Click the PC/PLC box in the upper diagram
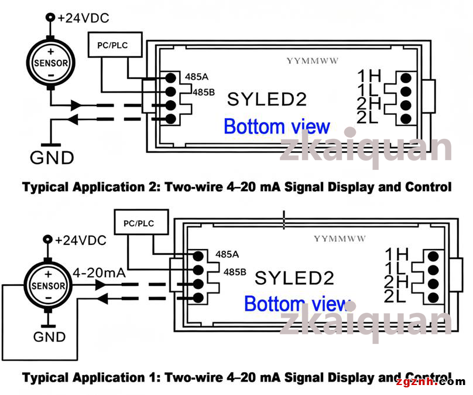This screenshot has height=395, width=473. point(115,45)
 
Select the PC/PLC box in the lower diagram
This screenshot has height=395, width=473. point(141,222)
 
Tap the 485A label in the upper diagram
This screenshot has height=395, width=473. point(197,77)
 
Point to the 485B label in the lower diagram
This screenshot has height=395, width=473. point(235,272)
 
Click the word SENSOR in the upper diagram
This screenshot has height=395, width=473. point(51,63)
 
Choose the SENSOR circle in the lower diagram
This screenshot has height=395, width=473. point(48,285)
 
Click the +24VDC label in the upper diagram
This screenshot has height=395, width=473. point(83,18)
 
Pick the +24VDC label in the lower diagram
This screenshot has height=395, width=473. point(81,240)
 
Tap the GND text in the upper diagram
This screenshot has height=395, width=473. point(52,158)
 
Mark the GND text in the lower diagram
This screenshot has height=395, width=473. point(50,337)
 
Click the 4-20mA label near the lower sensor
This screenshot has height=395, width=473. point(100,273)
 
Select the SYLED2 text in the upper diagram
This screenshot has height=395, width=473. point(267,100)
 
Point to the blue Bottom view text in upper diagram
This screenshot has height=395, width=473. point(277,126)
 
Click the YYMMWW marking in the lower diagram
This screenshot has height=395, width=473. point(340,239)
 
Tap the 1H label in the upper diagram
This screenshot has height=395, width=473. point(369,76)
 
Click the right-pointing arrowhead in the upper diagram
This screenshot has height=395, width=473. point(77,105)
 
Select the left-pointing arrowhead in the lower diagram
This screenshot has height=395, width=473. point(102,299)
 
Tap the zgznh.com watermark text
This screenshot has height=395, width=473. point(431,382)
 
